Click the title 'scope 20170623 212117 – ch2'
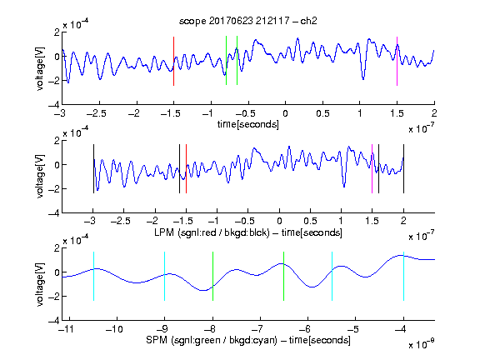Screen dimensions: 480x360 coord(248,21)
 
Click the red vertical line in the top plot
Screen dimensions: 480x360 coord(173,61)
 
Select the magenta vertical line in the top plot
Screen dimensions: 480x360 coord(397,61)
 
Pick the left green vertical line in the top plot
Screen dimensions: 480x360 coord(226,61)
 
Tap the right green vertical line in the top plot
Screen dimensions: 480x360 coord(237,61)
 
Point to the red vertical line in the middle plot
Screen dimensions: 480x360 coord(186,168)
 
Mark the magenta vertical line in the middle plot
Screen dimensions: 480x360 coord(372,168)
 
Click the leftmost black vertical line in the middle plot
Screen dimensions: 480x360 coord(93,168)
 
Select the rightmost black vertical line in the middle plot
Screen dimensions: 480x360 coord(403,168)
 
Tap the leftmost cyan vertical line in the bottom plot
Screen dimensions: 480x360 coord(93,276)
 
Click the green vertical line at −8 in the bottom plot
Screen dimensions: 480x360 coord(212,276)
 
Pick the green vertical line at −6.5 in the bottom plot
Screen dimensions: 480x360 coord(284,276)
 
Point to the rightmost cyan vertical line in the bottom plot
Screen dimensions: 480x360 coord(403,276)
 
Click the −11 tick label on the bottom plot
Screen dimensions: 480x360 coord(67,329)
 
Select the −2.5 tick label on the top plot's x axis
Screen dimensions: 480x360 coord(97,113)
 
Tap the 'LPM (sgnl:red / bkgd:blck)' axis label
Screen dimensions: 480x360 coord(212,232)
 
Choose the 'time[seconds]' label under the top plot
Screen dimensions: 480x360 coord(248,124)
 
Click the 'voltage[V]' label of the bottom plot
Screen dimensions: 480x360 coord(40,284)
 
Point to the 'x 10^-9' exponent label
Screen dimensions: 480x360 coord(421,344)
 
